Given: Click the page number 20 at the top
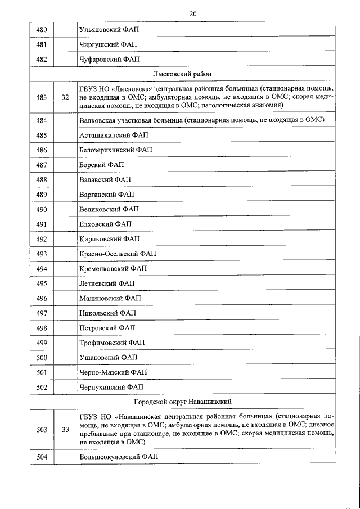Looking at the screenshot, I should point(193,13).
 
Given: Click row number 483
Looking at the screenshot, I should point(41,97).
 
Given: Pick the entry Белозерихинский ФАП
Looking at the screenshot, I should point(116,150).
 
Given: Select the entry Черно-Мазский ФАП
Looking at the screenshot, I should point(113,372).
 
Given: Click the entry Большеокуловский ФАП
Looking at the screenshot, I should point(119,457).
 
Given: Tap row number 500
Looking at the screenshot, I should point(41,357).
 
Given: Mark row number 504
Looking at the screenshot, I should point(41,457).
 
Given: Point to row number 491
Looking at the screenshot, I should point(41,224).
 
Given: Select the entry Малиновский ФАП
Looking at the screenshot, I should point(110,298).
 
